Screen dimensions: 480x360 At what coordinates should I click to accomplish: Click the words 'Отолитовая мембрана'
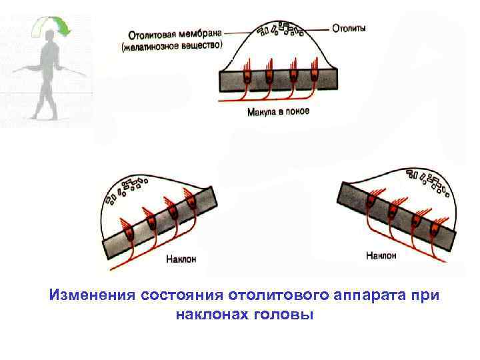pyautogui.click(x=172, y=33)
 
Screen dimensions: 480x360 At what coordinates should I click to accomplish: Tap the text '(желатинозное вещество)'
pyautogui.click(x=171, y=47)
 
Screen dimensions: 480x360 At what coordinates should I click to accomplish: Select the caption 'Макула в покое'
pyautogui.click(x=278, y=111)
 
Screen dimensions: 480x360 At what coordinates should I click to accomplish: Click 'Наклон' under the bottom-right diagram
pyautogui.click(x=381, y=255)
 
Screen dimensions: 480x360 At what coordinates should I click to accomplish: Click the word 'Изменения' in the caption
pyautogui.click(x=91, y=295)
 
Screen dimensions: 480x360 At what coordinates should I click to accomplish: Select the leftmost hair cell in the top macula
pyautogui.click(x=246, y=76)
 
